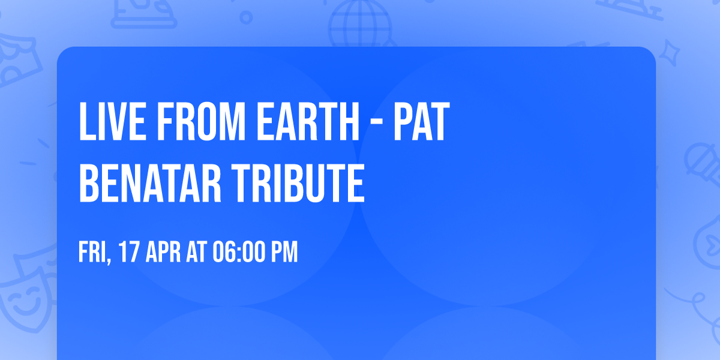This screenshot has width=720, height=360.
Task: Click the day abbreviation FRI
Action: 93,252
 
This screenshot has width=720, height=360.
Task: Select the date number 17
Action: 130,252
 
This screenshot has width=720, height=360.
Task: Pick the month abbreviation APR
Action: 163,252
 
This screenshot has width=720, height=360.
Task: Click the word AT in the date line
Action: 197,252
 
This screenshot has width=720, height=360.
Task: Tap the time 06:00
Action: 238,252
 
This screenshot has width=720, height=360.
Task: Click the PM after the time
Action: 284,252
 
